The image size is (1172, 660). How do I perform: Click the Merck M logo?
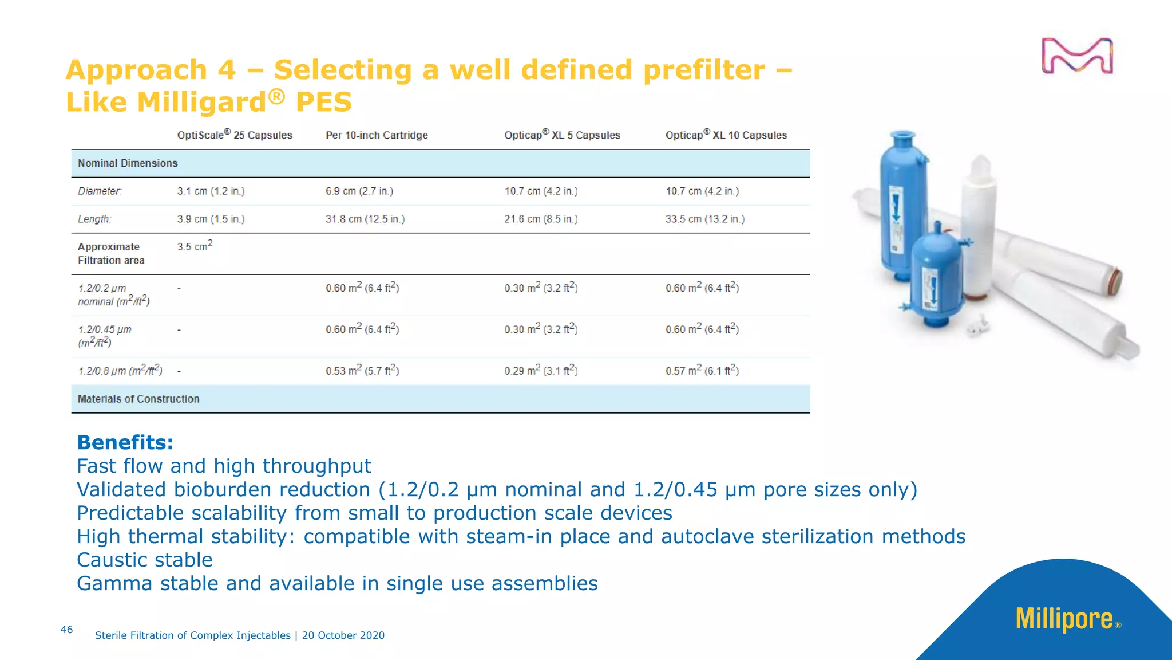[1076, 56]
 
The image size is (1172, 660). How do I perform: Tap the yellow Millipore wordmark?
[1064, 619]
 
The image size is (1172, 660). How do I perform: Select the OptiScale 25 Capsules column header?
[235, 135]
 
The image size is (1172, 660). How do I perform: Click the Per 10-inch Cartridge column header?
[377, 135]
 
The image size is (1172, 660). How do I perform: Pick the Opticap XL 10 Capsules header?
[726, 135]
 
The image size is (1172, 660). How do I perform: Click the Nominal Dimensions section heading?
[128, 163]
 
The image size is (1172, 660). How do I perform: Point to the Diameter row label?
[100, 191]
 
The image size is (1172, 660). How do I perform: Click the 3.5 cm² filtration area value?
[195, 246]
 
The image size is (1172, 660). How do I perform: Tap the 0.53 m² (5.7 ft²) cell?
[362, 371]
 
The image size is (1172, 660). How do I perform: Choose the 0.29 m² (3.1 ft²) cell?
[541, 371]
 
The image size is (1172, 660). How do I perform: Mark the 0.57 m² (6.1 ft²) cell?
[702, 371]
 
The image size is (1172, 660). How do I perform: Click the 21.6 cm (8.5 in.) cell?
[541, 219]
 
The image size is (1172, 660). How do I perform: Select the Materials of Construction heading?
[138, 399]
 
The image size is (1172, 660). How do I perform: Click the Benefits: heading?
[125, 442]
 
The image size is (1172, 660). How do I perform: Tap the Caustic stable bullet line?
[145, 560]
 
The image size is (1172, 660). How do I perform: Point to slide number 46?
[66, 630]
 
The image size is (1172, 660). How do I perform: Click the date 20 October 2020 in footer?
[343, 635]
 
